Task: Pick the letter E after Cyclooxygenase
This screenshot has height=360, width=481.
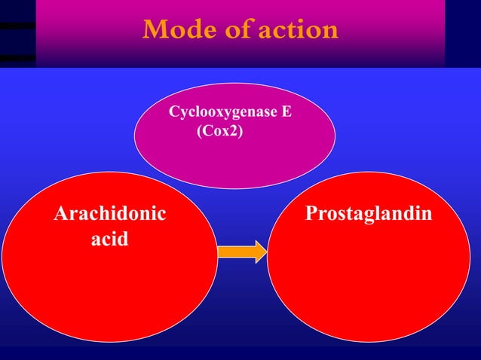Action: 286,113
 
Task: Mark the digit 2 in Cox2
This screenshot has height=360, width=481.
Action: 234,130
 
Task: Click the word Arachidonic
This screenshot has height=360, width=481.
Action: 110,215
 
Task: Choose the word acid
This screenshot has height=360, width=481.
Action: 110,240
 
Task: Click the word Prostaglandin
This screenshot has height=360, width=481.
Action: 369,215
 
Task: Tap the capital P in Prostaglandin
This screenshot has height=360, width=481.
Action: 310,215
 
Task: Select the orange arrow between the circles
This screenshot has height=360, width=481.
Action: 241,251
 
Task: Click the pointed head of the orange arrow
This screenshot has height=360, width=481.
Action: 259,251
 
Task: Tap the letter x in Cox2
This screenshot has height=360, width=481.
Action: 226,131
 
